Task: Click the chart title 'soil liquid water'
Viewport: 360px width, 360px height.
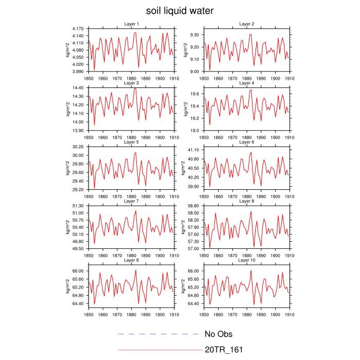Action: [x=179, y=11]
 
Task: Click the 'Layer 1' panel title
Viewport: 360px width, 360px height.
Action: [x=132, y=24]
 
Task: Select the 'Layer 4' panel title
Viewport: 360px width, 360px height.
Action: [x=247, y=83]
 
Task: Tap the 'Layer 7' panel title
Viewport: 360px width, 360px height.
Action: [x=132, y=201]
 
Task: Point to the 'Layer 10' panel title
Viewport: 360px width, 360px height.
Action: [x=247, y=260]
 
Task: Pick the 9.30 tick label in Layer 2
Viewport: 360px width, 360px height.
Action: [x=196, y=34]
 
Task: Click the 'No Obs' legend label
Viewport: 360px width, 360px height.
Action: [x=221, y=334]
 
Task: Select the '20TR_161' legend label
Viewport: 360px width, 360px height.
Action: [x=224, y=350]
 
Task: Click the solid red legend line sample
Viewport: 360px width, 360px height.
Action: [x=160, y=350]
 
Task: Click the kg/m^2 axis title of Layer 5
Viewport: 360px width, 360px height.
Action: [x=67, y=168]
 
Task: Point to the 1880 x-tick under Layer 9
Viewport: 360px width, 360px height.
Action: [x=131, y=314]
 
